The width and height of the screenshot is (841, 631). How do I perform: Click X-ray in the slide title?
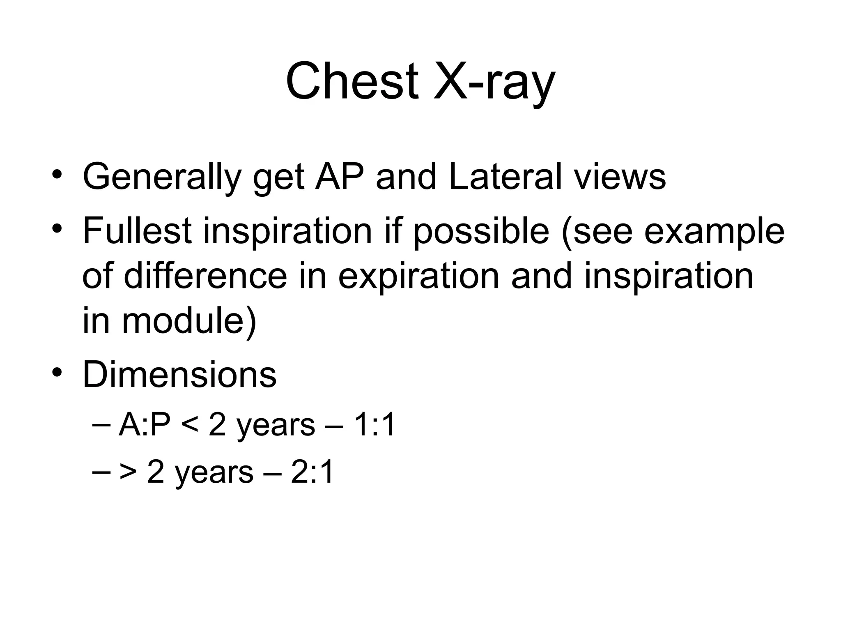494,82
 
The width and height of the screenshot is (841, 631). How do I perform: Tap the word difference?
205,276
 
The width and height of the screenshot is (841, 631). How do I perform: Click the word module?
183,321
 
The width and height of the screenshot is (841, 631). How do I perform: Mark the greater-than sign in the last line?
128,473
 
